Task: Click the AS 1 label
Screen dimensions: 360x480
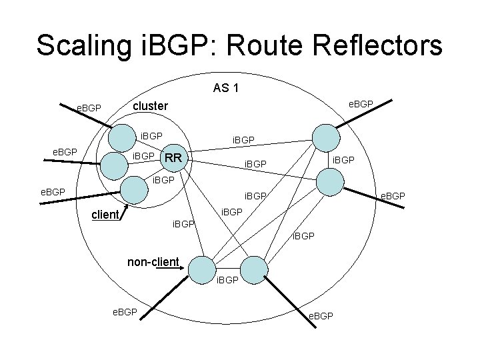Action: tap(227, 87)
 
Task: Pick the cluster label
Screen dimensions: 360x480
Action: tap(151, 105)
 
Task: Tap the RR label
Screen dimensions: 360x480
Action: tap(174, 158)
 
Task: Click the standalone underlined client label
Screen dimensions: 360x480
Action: tap(105, 215)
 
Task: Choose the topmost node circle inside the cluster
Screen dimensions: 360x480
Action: tap(122, 138)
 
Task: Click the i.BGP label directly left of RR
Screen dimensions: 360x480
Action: tap(143, 157)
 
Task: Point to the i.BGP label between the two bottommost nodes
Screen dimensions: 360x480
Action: tap(227, 280)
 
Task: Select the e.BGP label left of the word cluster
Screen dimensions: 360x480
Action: tap(88, 107)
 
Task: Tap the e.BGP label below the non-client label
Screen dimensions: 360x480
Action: tap(124, 311)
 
